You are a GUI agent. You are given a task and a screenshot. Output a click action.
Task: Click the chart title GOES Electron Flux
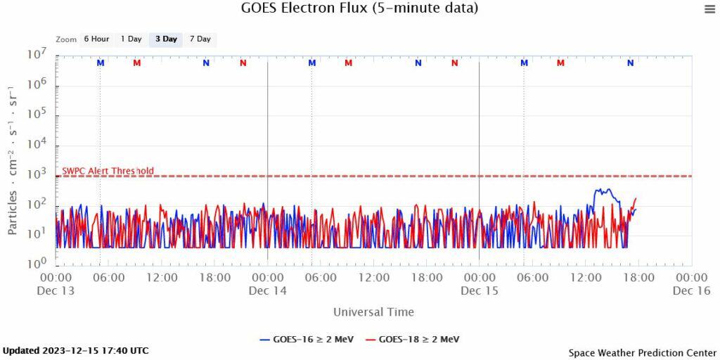[x=359, y=8]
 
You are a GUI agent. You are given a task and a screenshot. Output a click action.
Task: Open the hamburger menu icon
[x=709, y=9]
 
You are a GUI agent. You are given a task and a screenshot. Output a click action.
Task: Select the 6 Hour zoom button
[x=96, y=39]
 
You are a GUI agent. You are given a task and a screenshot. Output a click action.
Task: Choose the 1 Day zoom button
[x=131, y=39]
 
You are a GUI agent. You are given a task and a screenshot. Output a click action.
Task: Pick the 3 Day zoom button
[x=166, y=39]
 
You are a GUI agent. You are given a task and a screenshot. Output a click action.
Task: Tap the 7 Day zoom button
[x=200, y=39]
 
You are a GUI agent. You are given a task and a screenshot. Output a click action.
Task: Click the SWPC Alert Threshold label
[x=108, y=171]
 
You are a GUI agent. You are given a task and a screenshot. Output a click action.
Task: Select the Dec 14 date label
[x=268, y=291]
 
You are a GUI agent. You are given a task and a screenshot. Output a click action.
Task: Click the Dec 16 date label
[x=691, y=291]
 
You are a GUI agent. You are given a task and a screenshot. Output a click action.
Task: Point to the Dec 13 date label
[x=56, y=291]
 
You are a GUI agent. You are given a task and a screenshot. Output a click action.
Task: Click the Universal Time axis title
[x=373, y=312]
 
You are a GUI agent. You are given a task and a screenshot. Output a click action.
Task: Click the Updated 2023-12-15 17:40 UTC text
[x=76, y=350]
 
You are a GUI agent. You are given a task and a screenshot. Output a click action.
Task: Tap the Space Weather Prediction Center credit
[x=642, y=352]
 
